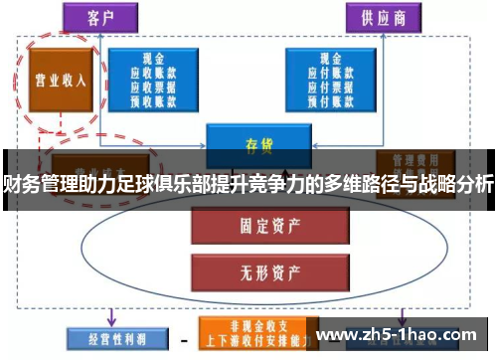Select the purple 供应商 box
pyautogui.click(x=380, y=18)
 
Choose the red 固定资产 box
pyautogui.click(x=244, y=226)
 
